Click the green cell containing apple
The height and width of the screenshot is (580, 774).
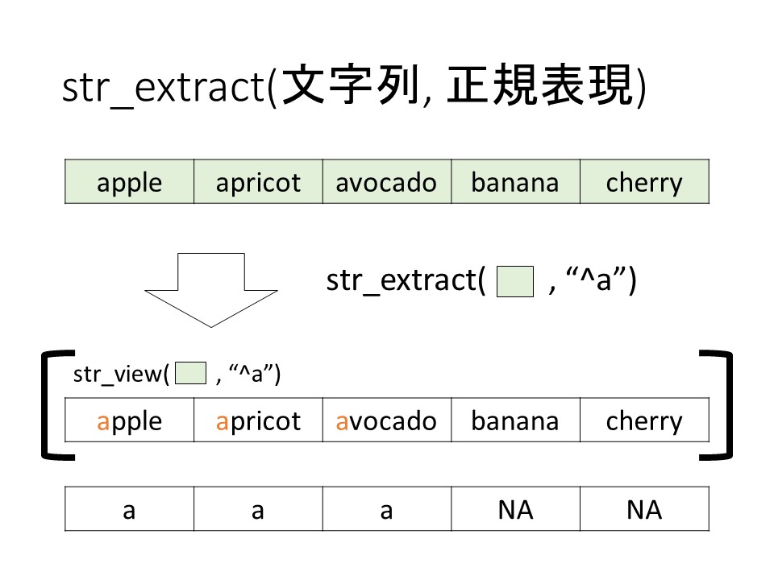click(x=129, y=182)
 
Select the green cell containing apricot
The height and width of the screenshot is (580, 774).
click(x=258, y=182)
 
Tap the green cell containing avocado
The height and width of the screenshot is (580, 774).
click(x=387, y=182)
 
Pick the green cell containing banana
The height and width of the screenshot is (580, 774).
click(x=515, y=182)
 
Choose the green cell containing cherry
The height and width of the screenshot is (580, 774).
click(x=644, y=182)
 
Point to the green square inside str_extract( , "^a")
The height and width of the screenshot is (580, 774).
click(x=516, y=283)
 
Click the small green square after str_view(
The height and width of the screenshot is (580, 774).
click(x=191, y=374)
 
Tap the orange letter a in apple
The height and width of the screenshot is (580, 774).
click(x=102, y=421)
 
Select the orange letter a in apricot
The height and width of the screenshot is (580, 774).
click(x=222, y=421)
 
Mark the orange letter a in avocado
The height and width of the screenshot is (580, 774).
click(x=342, y=421)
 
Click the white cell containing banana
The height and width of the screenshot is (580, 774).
click(x=515, y=420)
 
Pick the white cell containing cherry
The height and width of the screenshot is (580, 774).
click(x=644, y=420)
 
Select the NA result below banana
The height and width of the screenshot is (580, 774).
click(x=515, y=510)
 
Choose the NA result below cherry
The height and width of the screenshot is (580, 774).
click(x=644, y=510)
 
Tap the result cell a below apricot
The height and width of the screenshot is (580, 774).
click(x=258, y=510)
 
